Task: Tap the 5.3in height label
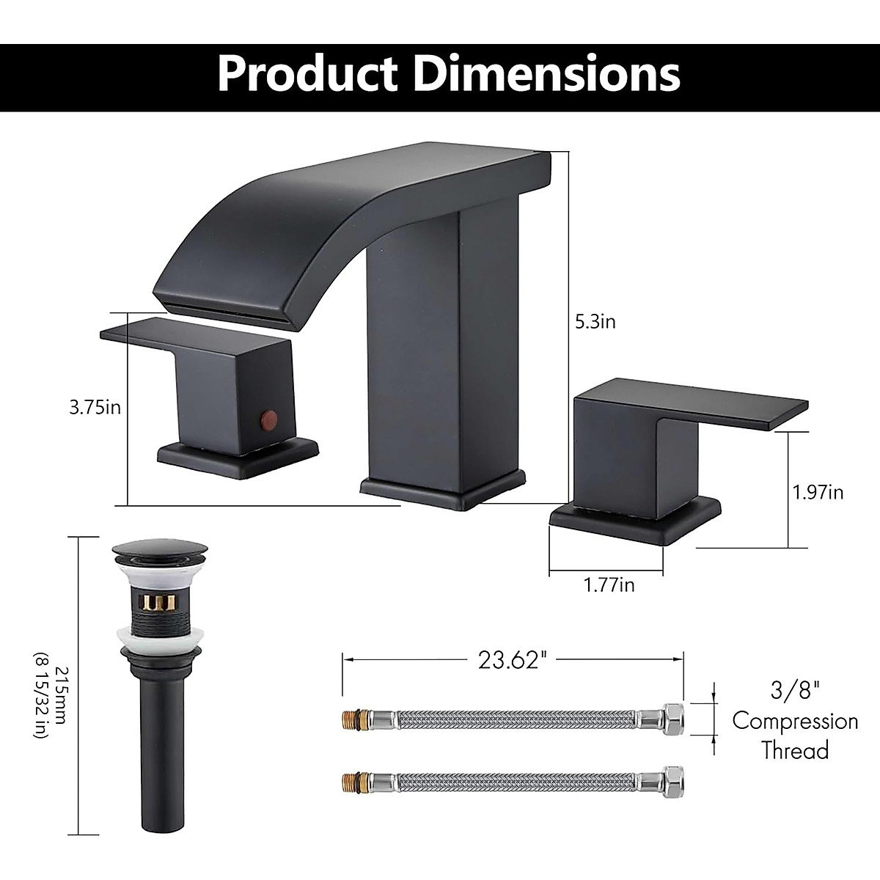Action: point(595,321)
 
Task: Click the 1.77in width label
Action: point(609,584)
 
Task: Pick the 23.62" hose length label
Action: point(513,660)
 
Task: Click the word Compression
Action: point(795,721)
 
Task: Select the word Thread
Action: point(795,751)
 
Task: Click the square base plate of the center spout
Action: point(443,491)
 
